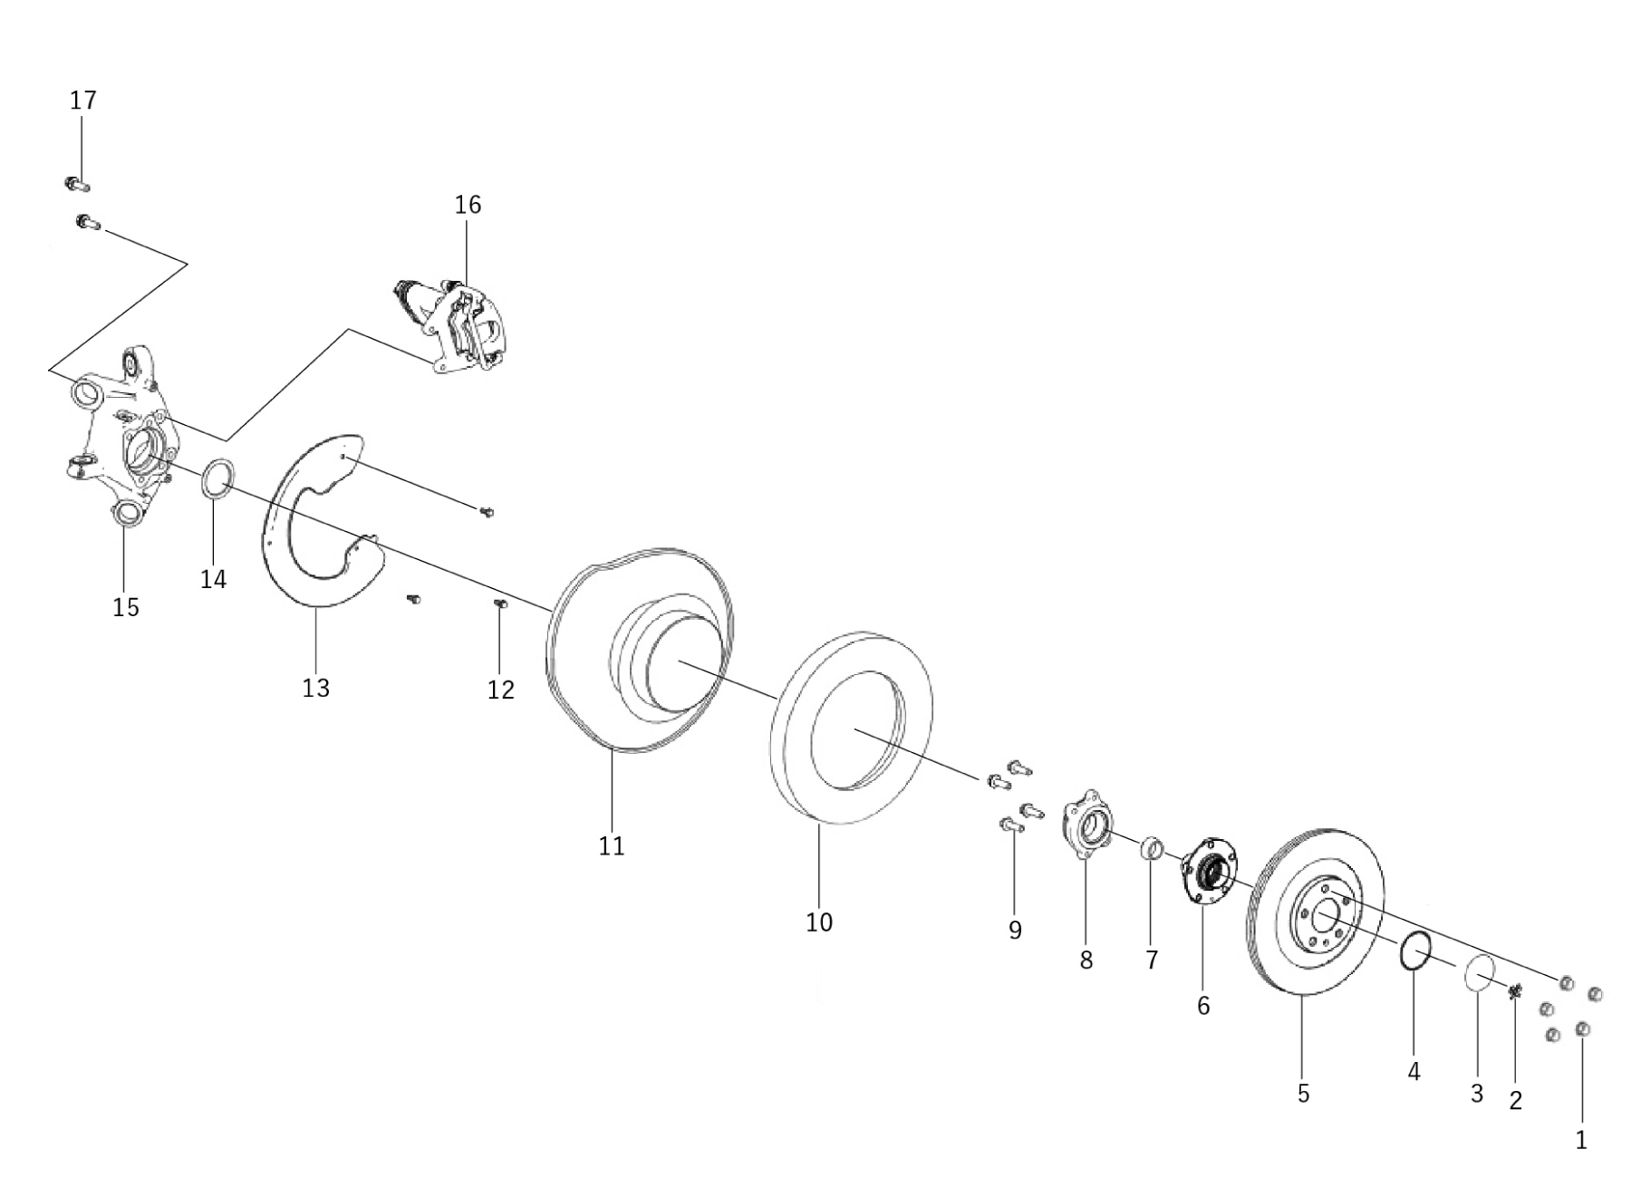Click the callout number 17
pos(82,101)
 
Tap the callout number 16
pos(468,205)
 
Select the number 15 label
pos(126,607)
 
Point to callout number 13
pos(315,689)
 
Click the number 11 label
pos(612,846)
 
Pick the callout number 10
pos(818,922)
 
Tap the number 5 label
pos(1303,1094)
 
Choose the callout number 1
pos(1581,1140)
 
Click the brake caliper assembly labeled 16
pos(458,326)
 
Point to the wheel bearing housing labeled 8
pos(1084,825)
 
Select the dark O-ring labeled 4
pos(1414,951)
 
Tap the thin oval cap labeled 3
pos(1479,973)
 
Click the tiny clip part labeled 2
pos(1514,992)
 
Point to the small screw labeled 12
pos(499,604)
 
